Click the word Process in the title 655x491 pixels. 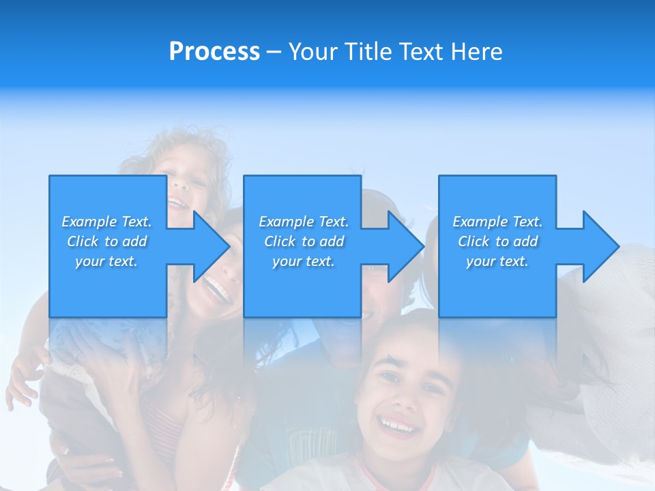[x=214, y=51]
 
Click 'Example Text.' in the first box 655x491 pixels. [x=106, y=222]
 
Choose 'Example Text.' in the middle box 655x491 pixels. [x=304, y=222]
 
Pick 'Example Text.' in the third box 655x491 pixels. [x=497, y=222]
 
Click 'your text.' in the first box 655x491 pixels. [x=106, y=261]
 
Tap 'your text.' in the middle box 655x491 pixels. [x=304, y=261]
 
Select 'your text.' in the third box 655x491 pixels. [x=497, y=261]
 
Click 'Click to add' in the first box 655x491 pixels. [x=106, y=241]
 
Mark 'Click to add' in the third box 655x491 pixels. [x=497, y=241]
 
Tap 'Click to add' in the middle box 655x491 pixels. [x=304, y=241]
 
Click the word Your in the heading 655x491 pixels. [x=312, y=51]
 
